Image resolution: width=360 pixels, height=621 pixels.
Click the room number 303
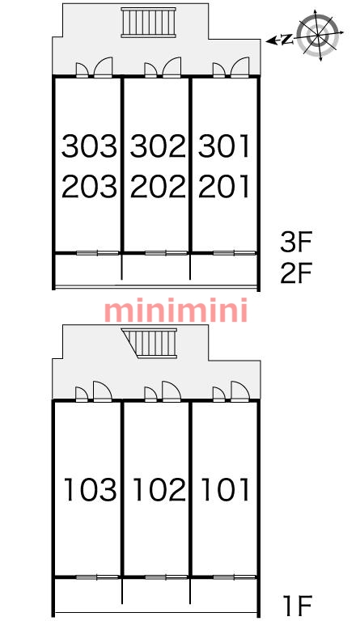click(x=90, y=146)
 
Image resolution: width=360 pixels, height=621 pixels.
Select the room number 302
click(x=158, y=146)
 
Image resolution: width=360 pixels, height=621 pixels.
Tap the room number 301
click(x=224, y=146)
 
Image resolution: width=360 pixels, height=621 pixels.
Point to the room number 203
click(x=90, y=186)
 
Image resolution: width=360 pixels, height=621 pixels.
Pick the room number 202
click(x=158, y=186)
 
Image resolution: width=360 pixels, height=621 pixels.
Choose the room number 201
click(x=224, y=186)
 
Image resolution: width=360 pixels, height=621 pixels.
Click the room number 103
click(x=91, y=489)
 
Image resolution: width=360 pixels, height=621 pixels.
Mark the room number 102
click(x=159, y=489)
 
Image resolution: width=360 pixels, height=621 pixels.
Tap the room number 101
click(x=226, y=489)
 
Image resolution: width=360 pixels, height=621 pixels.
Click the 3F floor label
click(x=296, y=242)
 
